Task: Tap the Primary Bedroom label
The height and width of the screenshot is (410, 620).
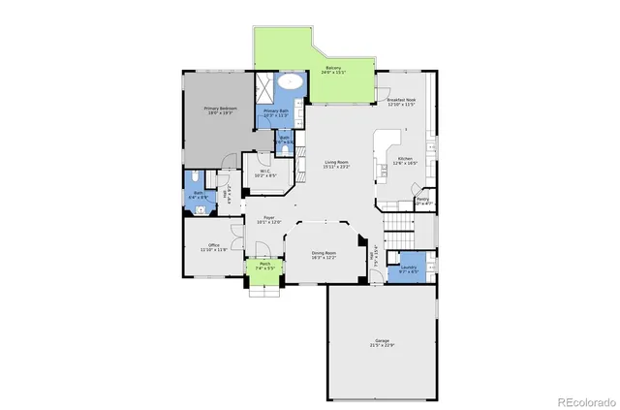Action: pos(220,108)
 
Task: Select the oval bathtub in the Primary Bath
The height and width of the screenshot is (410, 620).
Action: pos(291,82)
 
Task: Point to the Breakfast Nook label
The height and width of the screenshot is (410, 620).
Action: pos(401,100)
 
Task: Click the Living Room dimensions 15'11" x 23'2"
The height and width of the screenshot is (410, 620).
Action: pos(336,167)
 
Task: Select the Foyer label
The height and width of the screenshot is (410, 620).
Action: pos(268,217)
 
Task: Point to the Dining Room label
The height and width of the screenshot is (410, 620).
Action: pos(324,253)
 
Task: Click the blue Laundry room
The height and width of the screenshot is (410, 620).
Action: pos(408,268)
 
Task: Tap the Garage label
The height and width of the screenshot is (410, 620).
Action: pos(382,340)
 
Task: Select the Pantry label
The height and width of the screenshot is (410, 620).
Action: pos(422,199)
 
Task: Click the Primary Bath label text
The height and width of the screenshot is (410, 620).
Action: pos(276,110)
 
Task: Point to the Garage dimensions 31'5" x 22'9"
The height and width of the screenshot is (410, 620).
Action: pos(382,346)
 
